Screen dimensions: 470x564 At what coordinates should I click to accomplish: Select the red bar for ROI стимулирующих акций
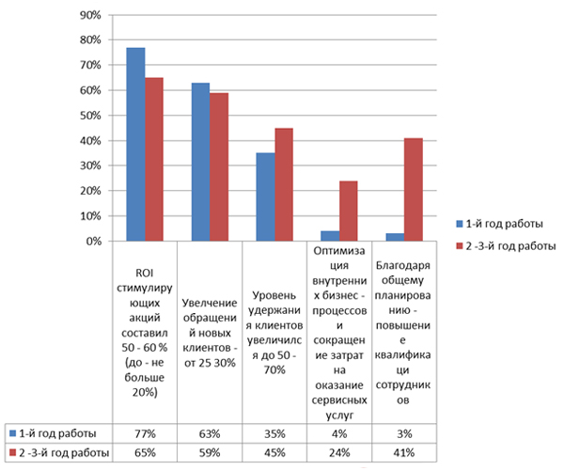tap(154, 159)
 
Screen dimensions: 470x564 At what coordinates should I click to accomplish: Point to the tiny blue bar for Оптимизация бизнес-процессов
tap(331, 236)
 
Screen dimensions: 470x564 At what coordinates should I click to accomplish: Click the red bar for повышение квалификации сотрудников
tap(415, 189)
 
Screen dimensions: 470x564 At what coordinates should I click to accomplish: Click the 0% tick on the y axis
tap(92, 242)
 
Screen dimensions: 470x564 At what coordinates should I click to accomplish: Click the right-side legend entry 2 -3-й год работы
tap(509, 246)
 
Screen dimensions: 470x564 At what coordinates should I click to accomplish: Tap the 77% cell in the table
tap(144, 433)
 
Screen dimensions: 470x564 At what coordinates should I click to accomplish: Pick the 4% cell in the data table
tap(340, 433)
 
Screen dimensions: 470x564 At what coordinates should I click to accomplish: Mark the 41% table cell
tap(406, 453)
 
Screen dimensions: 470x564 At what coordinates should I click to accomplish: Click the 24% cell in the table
tap(340, 453)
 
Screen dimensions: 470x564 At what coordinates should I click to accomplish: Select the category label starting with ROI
tap(144, 332)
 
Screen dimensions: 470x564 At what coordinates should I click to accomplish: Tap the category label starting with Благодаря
tap(406, 332)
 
